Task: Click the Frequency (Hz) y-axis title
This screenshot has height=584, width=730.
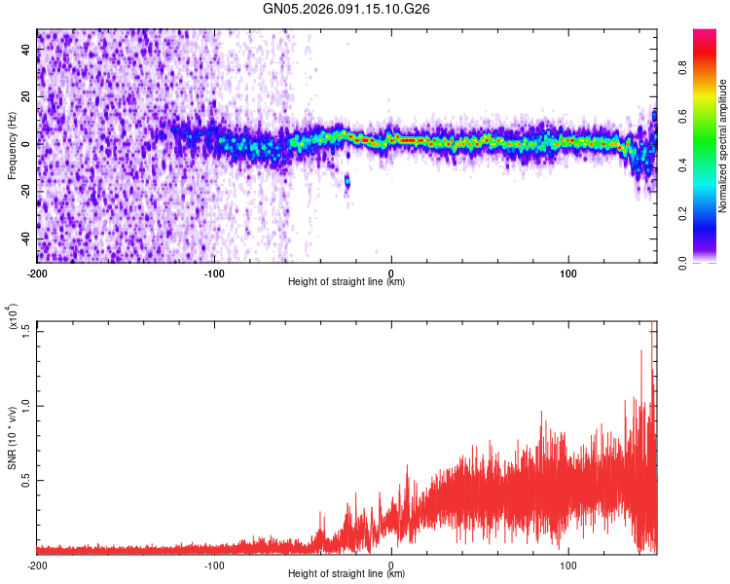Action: (12, 145)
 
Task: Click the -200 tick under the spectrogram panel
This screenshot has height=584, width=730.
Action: (38, 272)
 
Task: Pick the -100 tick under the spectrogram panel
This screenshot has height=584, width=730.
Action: (215, 272)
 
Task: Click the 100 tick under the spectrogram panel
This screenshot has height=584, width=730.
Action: (568, 272)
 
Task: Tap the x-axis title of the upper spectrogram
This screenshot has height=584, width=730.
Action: (347, 282)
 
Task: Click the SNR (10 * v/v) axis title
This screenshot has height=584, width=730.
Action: (12, 439)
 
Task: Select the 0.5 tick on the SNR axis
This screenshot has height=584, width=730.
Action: (26, 481)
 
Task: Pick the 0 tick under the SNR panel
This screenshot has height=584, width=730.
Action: (391, 565)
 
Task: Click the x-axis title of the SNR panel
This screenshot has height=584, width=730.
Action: (347, 574)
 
